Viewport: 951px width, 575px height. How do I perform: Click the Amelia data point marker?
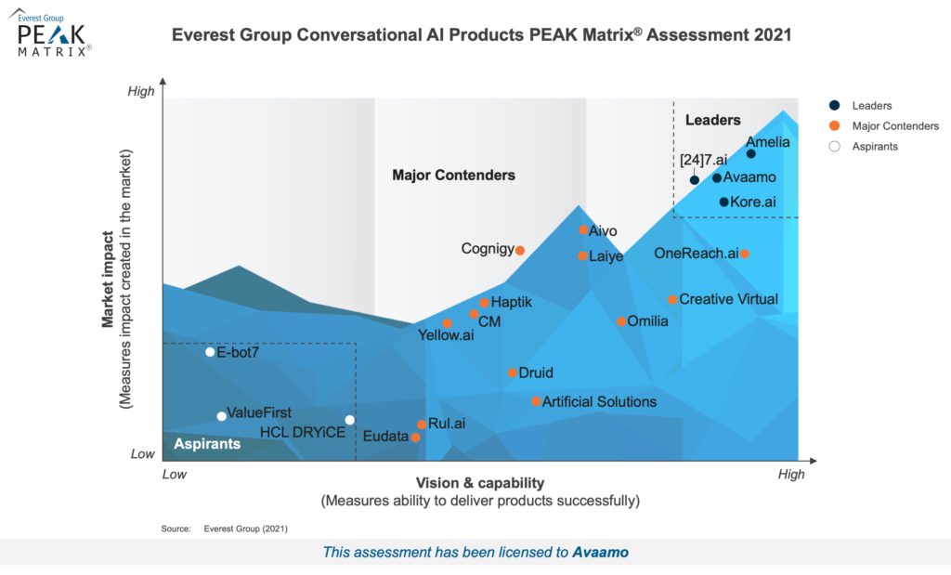click(x=751, y=154)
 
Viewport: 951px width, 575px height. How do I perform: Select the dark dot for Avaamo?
click(x=717, y=177)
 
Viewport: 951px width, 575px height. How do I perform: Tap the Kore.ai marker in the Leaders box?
click(x=724, y=202)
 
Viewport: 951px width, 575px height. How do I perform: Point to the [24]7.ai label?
click(x=703, y=160)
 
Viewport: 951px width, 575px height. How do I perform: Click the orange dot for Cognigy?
click(x=520, y=250)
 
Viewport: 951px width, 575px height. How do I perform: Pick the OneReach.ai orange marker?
click(x=745, y=254)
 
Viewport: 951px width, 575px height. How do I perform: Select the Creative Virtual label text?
click(x=728, y=299)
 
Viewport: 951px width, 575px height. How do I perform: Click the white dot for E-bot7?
click(x=210, y=352)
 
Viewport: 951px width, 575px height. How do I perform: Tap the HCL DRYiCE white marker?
click(x=350, y=420)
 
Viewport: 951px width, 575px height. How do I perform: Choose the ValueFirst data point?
click(x=221, y=416)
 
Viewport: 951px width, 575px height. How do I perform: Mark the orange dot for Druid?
click(x=512, y=372)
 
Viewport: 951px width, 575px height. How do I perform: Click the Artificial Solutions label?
click(x=599, y=401)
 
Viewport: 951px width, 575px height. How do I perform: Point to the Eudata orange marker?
click(x=415, y=437)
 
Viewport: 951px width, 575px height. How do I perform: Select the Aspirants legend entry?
click(x=875, y=147)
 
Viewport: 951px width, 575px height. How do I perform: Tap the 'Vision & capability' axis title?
click(x=479, y=483)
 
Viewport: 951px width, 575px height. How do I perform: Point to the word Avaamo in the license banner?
click(x=600, y=552)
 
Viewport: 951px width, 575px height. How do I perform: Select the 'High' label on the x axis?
click(x=791, y=475)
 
